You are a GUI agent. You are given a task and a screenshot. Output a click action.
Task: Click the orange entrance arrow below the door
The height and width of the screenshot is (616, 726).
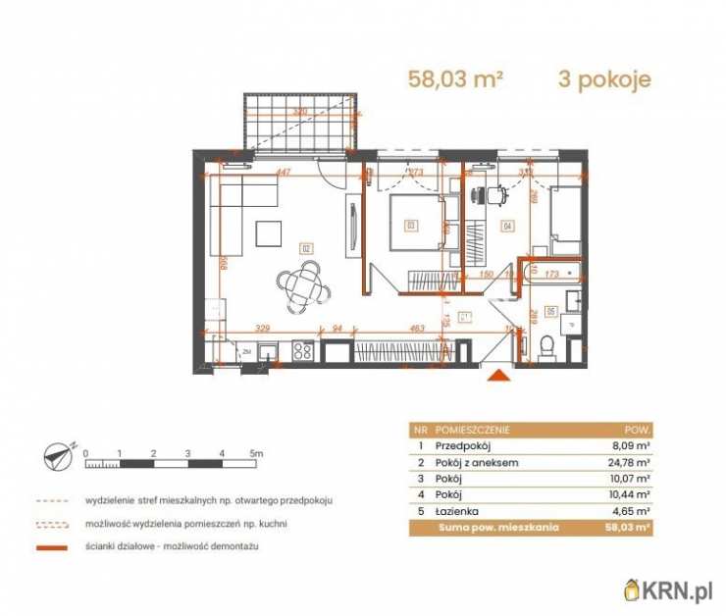point(500,375)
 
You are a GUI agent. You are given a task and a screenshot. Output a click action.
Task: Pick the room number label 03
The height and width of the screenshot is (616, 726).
point(410,226)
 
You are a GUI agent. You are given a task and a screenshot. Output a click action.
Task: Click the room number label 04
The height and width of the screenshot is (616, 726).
point(507,228)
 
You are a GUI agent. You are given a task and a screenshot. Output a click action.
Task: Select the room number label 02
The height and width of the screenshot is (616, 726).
point(305,249)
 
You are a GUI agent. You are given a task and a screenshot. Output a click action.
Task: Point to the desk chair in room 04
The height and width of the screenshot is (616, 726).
point(494,195)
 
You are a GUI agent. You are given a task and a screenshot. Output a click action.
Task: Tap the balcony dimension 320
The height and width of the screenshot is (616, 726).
point(300,113)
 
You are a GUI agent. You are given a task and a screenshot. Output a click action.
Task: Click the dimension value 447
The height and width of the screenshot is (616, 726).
point(284,174)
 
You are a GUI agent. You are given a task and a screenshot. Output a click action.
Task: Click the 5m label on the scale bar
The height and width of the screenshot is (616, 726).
point(257,453)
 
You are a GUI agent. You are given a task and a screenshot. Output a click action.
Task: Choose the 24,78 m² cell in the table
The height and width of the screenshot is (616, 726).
point(630,462)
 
